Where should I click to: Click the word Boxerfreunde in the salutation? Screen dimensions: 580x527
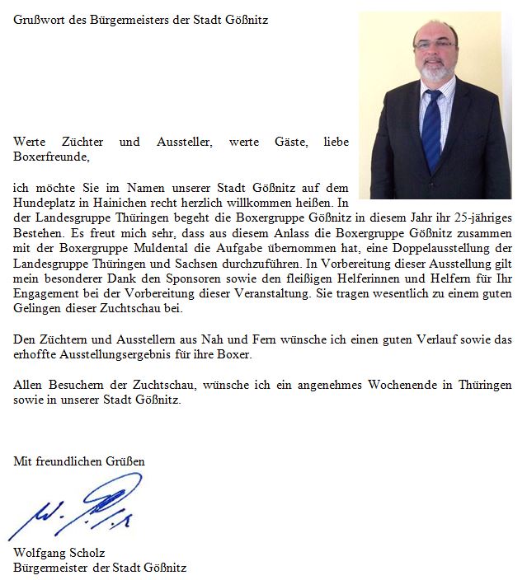[x=51, y=156]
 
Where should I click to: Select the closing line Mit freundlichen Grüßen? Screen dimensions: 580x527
[x=79, y=461]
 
